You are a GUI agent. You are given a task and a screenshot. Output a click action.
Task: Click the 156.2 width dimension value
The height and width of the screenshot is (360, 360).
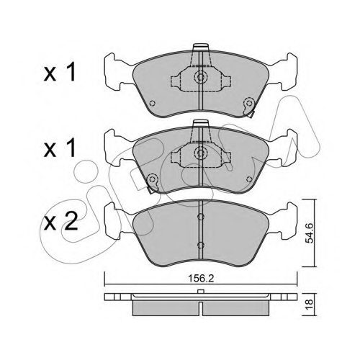pos(201,279)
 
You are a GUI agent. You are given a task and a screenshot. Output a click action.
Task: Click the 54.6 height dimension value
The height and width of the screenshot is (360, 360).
pos(310,233)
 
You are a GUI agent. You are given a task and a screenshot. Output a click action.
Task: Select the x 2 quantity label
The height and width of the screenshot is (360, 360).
pos(60,222)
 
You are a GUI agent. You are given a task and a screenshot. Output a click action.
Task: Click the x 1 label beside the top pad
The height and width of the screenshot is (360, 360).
pos(60,72)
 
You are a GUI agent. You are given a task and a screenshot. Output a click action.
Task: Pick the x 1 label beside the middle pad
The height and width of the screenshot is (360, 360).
pos(60,148)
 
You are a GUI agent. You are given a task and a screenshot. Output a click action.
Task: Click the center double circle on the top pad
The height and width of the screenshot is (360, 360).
pos(200,77)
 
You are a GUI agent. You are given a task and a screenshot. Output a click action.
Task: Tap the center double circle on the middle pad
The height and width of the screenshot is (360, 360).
pos(200,153)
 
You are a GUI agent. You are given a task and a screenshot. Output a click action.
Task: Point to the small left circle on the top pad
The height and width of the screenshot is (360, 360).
pos(152,104)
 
